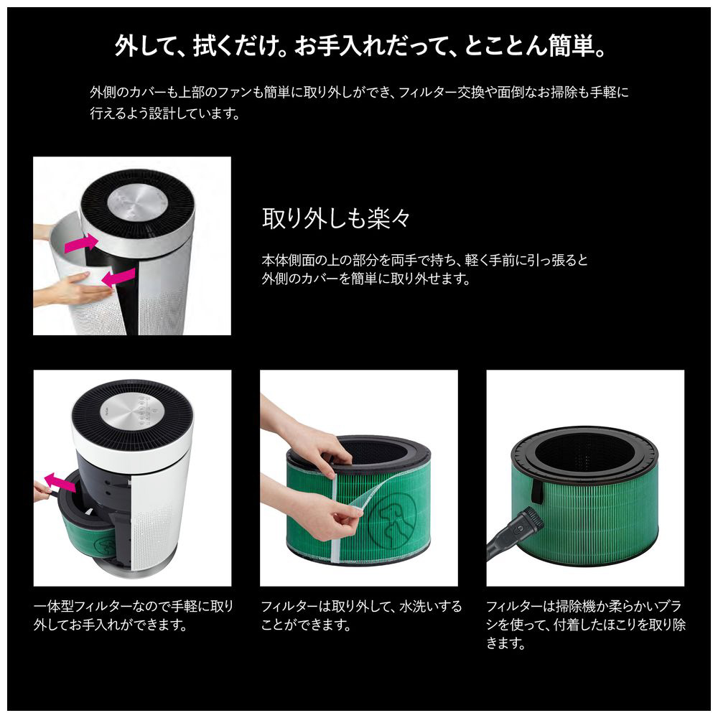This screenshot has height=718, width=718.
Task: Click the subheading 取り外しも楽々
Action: tap(336, 218)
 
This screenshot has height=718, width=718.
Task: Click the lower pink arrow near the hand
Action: tap(118, 277)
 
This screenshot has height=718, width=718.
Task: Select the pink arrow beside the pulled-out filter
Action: tap(61, 482)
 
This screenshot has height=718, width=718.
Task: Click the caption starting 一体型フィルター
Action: tap(134, 615)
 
